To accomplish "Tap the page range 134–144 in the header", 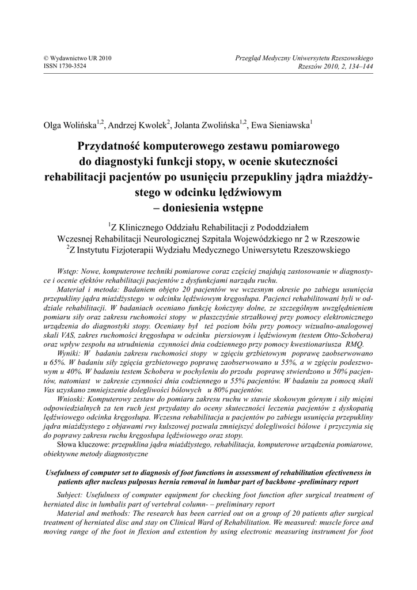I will [x=359, y=66].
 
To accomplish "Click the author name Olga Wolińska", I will [x=70, y=125].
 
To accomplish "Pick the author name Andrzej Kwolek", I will [x=137, y=125].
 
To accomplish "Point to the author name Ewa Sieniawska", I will [x=281, y=125].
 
